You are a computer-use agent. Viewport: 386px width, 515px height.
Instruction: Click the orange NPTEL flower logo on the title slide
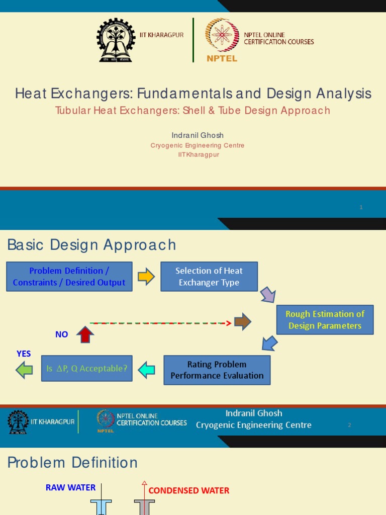pos(222,36)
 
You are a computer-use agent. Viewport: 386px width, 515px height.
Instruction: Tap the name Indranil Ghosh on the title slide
pos(197,135)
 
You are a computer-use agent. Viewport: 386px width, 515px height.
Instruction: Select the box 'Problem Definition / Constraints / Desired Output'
pos(69,277)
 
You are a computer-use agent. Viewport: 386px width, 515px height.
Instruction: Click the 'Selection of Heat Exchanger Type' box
pos(209,277)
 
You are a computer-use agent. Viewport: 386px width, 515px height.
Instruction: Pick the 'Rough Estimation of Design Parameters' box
pos(325,320)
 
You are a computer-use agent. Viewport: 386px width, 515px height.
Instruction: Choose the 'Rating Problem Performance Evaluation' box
pos(217,370)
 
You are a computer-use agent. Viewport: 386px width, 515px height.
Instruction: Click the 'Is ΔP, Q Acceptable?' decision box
pos(87,369)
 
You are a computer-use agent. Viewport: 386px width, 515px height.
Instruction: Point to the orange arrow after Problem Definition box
pos(146,277)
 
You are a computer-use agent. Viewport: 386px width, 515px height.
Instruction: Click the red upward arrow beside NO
pos(85,334)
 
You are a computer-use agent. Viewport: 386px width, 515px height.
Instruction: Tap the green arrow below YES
pos(24,370)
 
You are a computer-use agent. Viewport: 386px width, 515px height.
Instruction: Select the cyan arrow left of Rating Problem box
pos(146,370)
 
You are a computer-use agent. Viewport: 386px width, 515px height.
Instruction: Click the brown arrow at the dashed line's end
pos(243,322)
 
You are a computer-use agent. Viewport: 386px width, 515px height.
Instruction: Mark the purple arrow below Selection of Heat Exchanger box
pos(267,295)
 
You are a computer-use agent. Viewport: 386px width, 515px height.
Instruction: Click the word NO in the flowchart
pos(62,334)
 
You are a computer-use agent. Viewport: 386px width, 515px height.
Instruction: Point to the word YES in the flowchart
pos(24,354)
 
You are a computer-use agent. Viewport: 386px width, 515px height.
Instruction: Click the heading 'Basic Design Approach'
pos(91,245)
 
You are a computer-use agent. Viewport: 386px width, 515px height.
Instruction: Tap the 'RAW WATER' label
pos(70,487)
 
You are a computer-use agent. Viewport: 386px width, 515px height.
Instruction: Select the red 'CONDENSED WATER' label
pos(189,490)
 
